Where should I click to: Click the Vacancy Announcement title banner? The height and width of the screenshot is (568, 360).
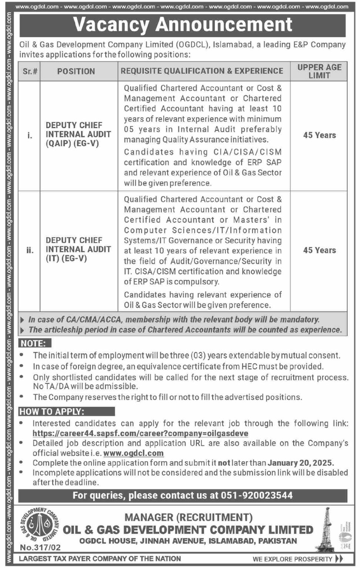tap(183, 25)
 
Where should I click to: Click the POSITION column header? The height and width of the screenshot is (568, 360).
tap(76, 71)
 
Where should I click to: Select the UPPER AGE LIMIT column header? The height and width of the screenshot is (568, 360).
tap(319, 71)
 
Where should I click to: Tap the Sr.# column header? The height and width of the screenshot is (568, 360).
tap(30, 71)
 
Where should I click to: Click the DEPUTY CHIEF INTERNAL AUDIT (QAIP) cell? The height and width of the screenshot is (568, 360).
tap(78, 134)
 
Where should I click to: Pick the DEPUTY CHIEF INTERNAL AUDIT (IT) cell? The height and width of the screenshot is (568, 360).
tap(78, 249)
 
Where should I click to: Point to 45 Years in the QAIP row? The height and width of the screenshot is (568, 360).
tap(319, 135)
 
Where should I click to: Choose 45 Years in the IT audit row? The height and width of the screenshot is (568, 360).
tap(319, 250)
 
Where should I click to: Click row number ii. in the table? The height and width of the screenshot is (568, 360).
tap(30, 250)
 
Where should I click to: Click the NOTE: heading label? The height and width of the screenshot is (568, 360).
tap(33, 344)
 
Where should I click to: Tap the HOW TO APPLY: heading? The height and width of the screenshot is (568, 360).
tap(52, 412)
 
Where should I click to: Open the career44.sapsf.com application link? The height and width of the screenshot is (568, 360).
tap(140, 433)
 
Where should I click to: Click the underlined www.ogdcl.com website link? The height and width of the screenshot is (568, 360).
tap(133, 453)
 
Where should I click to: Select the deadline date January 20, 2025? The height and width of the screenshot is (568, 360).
tap(300, 463)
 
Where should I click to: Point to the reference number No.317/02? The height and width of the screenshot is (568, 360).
tap(40, 547)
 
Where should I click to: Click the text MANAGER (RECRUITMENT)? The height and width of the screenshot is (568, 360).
tap(189, 517)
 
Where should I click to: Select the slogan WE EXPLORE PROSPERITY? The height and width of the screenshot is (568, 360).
tap(292, 559)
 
